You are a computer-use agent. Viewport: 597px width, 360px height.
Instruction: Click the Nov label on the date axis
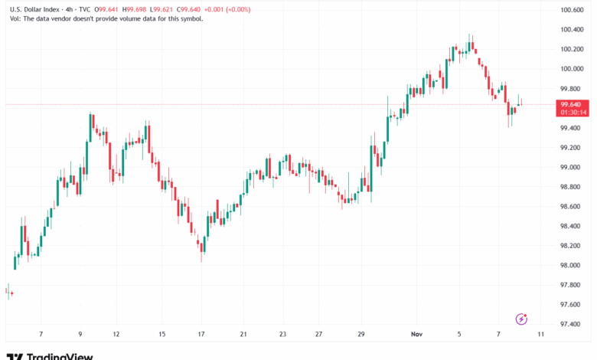click(417, 335)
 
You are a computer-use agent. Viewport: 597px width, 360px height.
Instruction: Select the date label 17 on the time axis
click(201, 335)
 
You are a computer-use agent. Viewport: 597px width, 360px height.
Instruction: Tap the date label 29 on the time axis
click(360, 335)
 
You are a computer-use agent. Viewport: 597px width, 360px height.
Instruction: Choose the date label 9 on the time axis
click(80, 335)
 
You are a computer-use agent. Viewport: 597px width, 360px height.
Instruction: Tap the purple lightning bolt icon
click(522, 319)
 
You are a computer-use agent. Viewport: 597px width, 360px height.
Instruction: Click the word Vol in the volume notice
click(15, 18)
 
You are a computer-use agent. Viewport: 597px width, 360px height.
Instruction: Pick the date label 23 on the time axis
click(282, 335)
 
